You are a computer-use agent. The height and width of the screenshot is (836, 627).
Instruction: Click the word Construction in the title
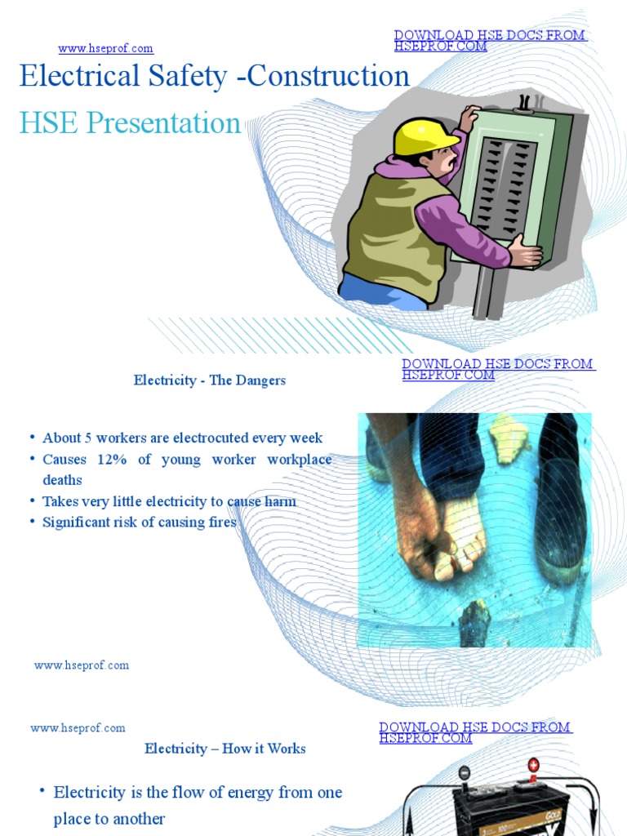click(328, 76)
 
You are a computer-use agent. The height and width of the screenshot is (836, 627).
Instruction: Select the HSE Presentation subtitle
click(130, 123)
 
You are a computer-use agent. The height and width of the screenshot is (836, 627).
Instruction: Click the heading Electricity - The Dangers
click(210, 380)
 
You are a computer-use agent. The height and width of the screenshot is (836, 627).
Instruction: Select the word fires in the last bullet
click(221, 522)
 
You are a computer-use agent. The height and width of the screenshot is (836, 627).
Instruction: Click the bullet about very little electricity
click(169, 501)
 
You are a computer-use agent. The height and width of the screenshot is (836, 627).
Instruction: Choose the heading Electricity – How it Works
click(225, 749)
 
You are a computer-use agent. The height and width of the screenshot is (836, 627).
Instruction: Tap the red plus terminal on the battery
click(533, 766)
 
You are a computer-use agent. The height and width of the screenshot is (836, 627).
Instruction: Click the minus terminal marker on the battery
click(464, 773)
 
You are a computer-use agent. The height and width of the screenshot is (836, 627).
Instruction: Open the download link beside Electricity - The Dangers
click(498, 369)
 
